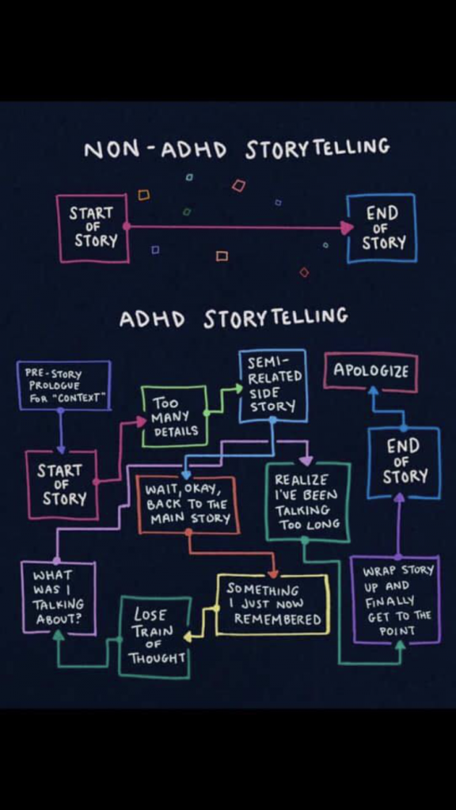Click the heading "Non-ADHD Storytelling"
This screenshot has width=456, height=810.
pos(237,148)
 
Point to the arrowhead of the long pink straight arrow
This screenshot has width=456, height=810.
pos(348,227)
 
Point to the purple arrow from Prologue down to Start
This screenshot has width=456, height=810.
pos(60,432)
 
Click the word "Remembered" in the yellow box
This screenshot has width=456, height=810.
pos(278,619)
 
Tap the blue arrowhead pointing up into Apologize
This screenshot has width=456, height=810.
pos(374,392)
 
